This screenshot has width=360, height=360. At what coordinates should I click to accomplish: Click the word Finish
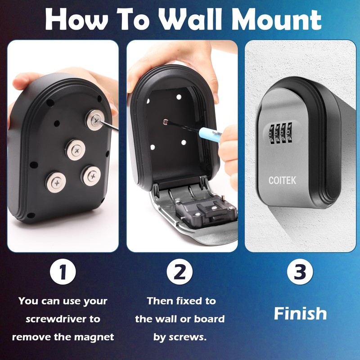tap(300, 313)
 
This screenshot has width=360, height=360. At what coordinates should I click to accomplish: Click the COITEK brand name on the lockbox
tap(282, 180)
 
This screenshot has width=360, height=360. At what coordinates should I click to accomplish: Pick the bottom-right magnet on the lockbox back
tap(92, 175)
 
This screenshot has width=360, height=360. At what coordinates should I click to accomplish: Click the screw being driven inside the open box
tap(165, 121)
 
